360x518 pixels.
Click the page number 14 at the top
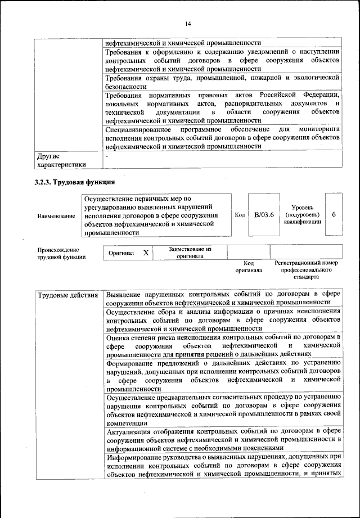click(x=187, y=23)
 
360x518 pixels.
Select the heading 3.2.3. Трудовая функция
click(x=75, y=182)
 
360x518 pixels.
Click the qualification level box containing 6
click(x=334, y=215)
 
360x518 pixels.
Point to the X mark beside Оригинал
click(x=146, y=253)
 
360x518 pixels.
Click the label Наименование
click(x=56, y=216)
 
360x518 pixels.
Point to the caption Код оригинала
click(x=249, y=267)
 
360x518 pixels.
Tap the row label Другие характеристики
click(x=61, y=160)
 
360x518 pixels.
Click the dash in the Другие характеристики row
click(x=107, y=155)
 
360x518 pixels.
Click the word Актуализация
click(x=132, y=431)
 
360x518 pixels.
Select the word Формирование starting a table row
click(x=133, y=363)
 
